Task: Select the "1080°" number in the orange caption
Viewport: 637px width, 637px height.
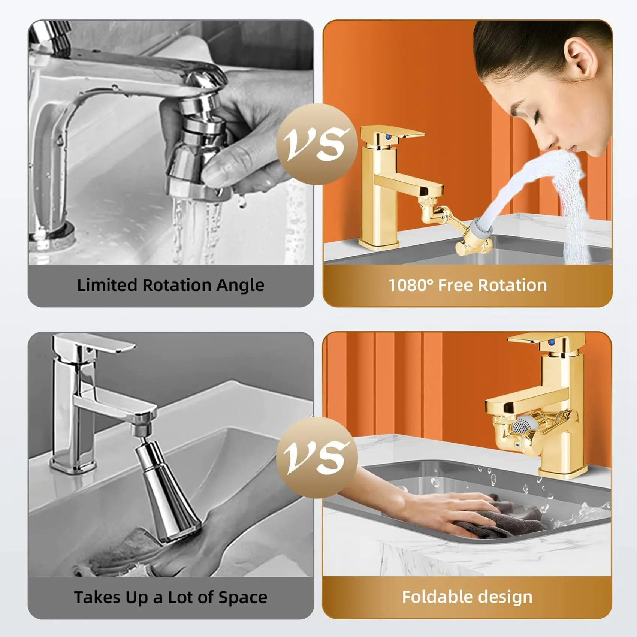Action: coord(410,285)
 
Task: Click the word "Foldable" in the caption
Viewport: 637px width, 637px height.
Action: coord(432,597)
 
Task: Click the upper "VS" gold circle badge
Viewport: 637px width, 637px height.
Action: coord(317,144)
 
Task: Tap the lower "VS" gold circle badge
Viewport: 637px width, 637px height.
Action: coord(317,458)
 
